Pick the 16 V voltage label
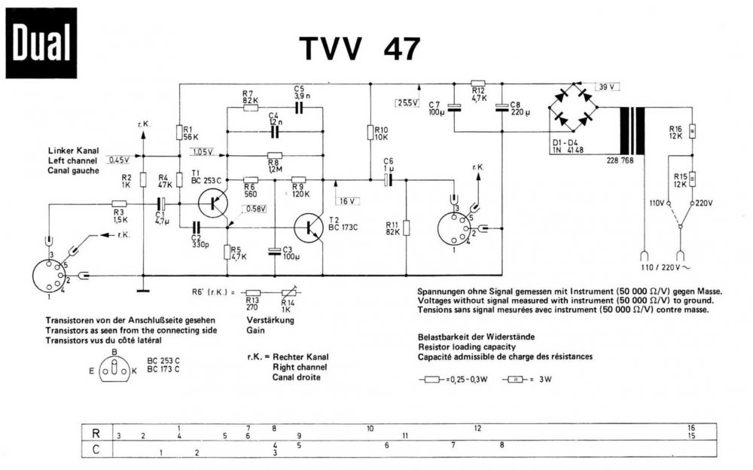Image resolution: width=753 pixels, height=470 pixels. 346,200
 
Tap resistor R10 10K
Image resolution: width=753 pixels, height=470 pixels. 370,133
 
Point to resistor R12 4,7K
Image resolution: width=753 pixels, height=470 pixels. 478,84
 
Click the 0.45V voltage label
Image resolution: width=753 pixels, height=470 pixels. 119,160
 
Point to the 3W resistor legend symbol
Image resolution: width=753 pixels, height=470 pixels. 515,380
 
